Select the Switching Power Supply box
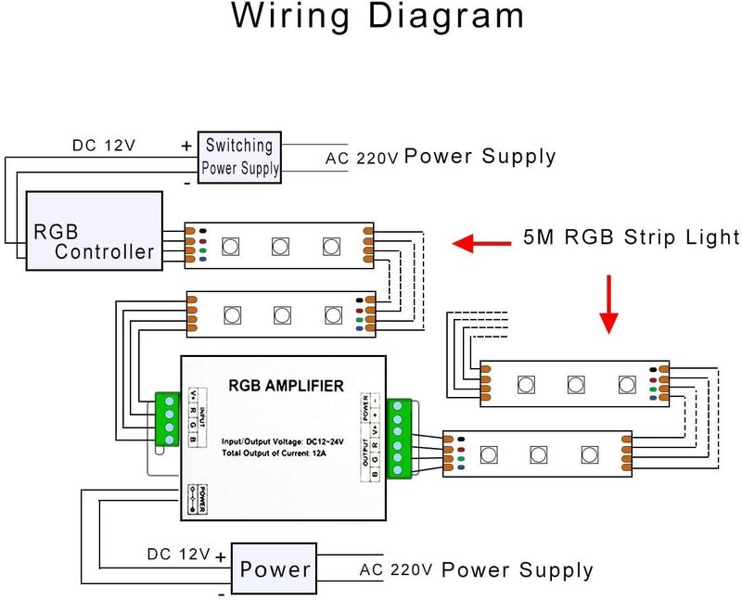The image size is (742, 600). [x=239, y=157]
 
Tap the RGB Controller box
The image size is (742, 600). [x=95, y=231]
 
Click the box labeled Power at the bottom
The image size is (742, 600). [x=275, y=568]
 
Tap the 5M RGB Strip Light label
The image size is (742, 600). [x=631, y=236]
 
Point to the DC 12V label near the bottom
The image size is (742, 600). [x=178, y=555]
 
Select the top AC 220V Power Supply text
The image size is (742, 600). [x=441, y=157]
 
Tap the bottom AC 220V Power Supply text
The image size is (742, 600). [x=477, y=569]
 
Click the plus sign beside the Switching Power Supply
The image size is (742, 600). [x=186, y=146]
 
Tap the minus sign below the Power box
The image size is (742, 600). [x=221, y=590]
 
